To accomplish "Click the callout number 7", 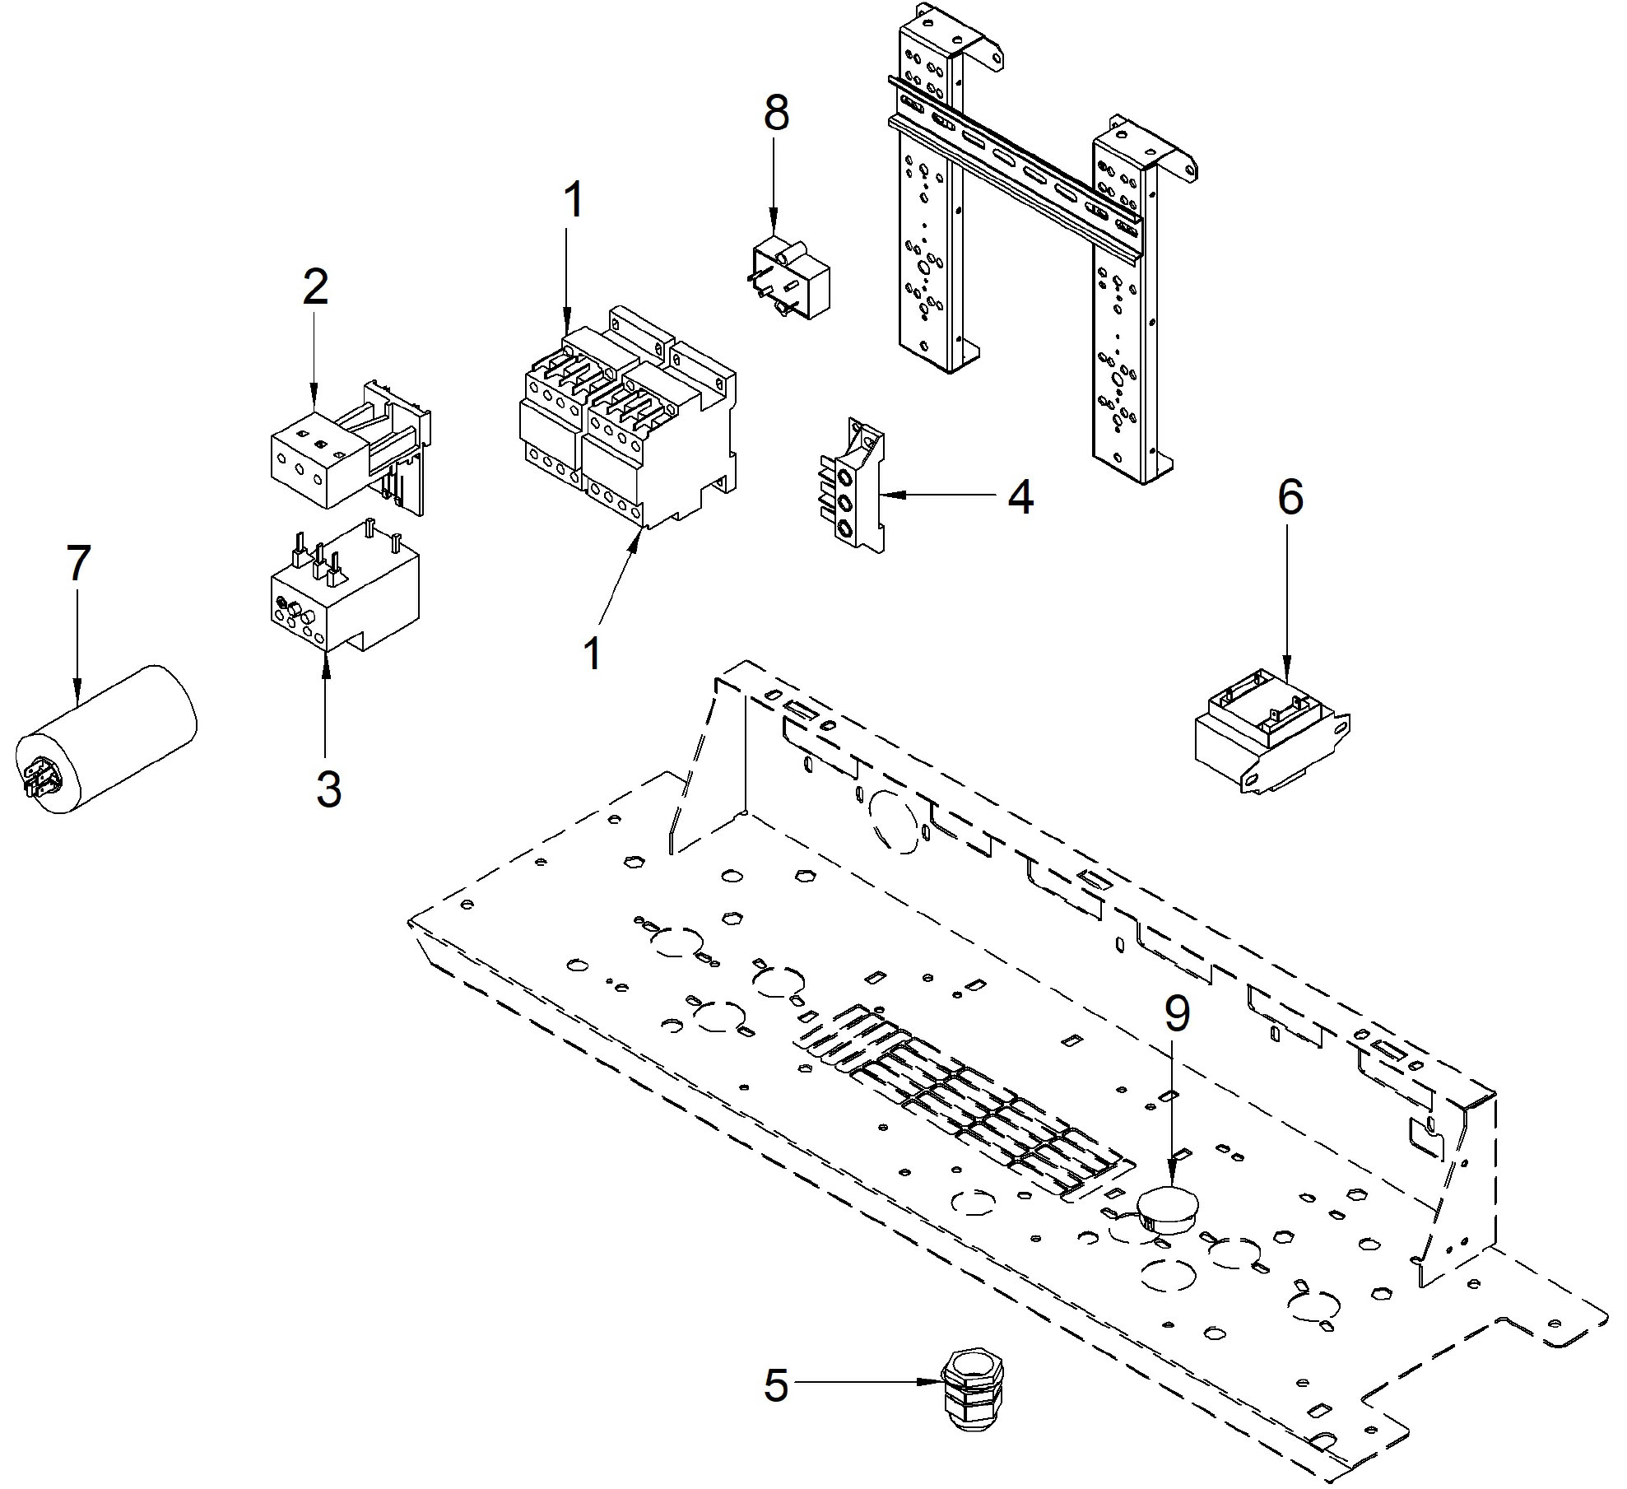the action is pos(78,564).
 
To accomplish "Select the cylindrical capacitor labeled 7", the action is pos(107,739).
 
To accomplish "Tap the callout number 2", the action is pos(315,286).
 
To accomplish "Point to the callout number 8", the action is pos(776,113).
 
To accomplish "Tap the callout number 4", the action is pos(1020,496).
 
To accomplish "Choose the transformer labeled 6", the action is pos(1271,729).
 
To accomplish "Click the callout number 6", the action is pos(1290,497).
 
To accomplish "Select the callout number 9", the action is pos(1177,1013).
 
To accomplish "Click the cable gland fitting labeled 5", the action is pos(972,1392).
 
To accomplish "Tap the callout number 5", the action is pos(776,1385).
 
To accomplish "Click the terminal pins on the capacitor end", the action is pos(38,777).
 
